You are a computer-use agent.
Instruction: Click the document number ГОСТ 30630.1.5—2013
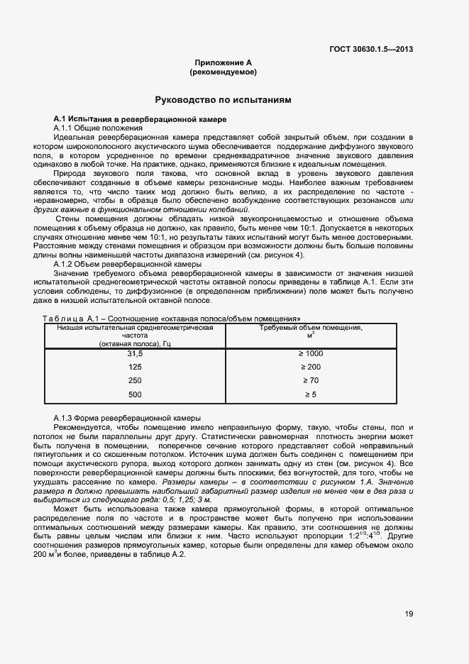(372, 49)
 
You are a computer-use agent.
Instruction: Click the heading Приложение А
(224, 63)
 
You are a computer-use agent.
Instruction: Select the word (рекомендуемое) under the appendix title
(224, 72)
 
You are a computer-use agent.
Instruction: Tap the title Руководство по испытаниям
(224, 101)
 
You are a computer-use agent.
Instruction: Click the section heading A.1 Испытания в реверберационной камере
(140, 118)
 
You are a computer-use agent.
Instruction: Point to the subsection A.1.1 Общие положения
(98, 127)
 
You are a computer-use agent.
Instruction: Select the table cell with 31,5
(135, 353)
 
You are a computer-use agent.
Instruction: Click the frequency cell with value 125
(135, 367)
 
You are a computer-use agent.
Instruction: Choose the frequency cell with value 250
(135, 380)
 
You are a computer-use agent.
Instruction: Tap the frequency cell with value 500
(135, 394)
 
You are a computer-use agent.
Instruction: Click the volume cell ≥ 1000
(311, 353)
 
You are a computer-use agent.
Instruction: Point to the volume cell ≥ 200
(311, 367)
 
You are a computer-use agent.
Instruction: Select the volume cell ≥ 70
(311, 380)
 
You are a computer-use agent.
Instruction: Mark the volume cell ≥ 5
(311, 394)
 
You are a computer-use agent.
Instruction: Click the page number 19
(409, 614)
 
